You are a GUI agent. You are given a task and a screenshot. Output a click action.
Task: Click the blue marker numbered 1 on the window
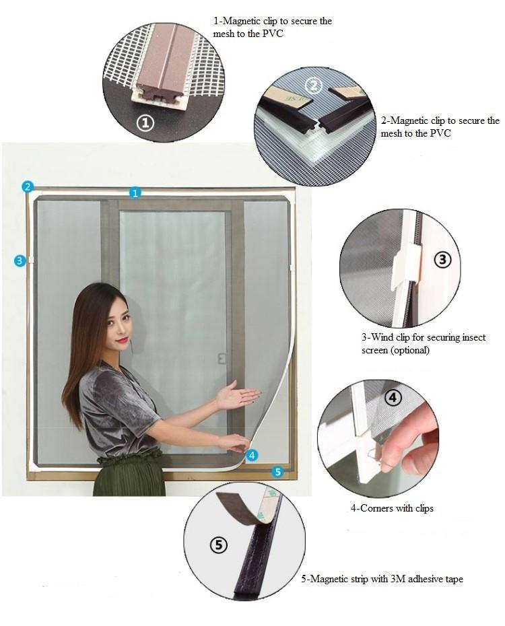135,193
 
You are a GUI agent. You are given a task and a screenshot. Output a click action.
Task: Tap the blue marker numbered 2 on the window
28,186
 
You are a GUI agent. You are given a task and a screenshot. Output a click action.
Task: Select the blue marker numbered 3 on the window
20,260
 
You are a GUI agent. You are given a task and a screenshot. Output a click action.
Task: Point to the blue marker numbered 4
252,455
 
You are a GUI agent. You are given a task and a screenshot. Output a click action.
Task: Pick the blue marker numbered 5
277,473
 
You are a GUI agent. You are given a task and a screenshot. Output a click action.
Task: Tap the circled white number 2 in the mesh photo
312,85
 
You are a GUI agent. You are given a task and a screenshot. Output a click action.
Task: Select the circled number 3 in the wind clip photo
442,259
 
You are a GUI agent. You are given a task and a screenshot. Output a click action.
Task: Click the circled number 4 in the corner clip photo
393,398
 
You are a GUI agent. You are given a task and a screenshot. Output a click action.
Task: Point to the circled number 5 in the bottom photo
218,545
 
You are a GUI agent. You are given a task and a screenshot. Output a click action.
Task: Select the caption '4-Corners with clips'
392,508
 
